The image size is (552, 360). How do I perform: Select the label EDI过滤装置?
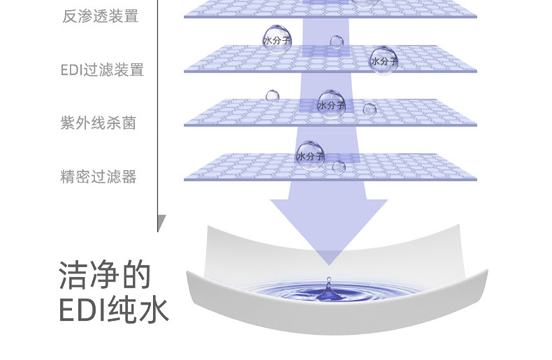click(101, 70)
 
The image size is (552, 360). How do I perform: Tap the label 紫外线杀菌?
click(98, 124)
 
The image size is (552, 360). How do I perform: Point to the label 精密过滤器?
click(98, 177)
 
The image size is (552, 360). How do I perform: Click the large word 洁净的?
click(105, 275)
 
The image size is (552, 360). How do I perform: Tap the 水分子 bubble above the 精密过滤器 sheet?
click(310, 155)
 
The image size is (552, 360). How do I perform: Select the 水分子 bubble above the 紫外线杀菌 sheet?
click(331, 104)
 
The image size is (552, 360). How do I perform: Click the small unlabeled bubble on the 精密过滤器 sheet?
click(339, 167)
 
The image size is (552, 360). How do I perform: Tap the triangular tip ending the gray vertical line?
click(161, 223)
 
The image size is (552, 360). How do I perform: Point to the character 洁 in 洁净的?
click(73, 275)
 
